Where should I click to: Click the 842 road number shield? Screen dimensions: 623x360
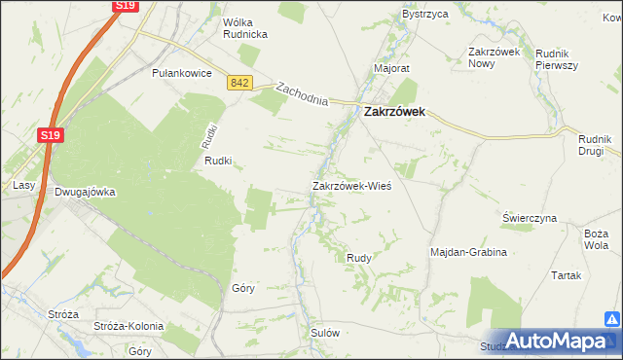240,85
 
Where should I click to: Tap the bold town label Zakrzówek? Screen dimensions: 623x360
400,112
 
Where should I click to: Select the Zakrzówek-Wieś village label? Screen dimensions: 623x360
351,185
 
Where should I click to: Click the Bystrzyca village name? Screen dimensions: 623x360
424,15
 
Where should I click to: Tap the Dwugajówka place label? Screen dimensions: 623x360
85,192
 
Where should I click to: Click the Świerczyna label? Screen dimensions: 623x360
530,219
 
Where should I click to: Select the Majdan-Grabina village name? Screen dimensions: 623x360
469,252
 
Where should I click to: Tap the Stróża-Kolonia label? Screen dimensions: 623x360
126,325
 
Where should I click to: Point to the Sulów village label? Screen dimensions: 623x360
324,333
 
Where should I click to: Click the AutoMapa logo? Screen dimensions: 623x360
555,342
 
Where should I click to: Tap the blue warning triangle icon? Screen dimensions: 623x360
612,318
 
